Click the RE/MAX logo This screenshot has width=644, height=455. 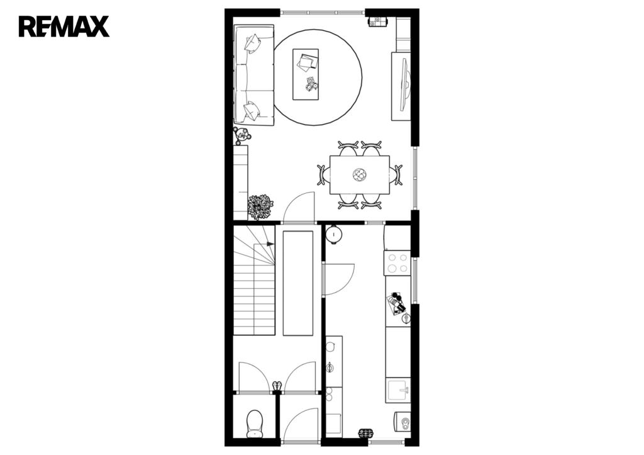pos(64,26)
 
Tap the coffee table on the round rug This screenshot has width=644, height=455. pos(305,74)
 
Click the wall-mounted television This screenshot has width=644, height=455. pos(404,85)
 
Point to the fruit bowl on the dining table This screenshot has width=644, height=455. pos(359,175)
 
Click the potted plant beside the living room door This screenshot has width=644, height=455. pos(260,207)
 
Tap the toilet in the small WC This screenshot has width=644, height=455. pos(255,424)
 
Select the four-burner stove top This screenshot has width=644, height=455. pos(397,263)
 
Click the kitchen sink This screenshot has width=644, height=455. pos(397,390)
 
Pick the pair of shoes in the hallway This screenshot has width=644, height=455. pos(277,386)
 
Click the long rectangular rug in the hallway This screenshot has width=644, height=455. pos(298,283)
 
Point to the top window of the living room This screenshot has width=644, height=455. pos(323,13)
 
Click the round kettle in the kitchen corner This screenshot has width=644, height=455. pos(334,235)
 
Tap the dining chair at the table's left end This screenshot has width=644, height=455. pos(324,175)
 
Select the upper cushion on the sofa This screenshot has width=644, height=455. pos(252,43)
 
